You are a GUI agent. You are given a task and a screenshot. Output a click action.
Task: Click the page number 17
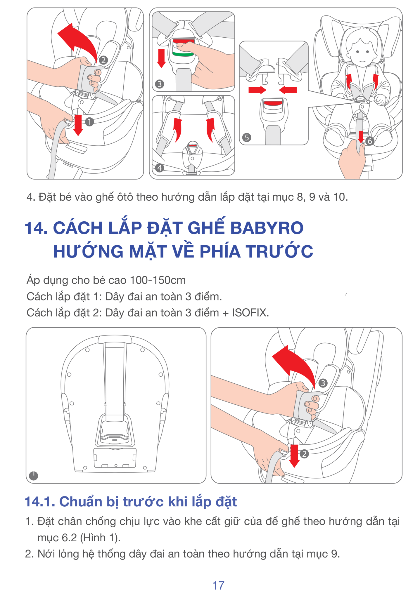click(x=218, y=585)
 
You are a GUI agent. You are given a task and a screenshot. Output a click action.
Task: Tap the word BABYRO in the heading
click(x=267, y=228)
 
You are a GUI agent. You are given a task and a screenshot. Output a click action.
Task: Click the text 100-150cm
click(x=158, y=280)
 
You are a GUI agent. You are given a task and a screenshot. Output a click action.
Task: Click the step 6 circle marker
click(x=370, y=141)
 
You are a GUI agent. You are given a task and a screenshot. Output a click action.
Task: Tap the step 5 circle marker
click(x=247, y=137)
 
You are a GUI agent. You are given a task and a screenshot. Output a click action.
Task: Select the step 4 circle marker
click(x=159, y=168)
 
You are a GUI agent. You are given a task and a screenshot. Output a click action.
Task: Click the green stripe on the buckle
click(x=183, y=54)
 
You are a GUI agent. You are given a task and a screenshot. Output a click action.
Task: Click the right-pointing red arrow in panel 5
click(x=257, y=90)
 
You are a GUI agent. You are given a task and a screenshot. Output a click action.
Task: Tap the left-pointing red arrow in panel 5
click(x=288, y=90)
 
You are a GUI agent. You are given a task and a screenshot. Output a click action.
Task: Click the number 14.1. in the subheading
click(x=40, y=502)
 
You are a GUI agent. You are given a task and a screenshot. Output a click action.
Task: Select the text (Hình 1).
click(x=100, y=538)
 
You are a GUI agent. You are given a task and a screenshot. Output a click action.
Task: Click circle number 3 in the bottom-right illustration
click(x=323, y=383)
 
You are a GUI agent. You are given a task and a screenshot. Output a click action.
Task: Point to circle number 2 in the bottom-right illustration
click(x=304, y=454)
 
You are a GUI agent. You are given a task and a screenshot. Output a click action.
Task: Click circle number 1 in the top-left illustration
click(x=89, y=122)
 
